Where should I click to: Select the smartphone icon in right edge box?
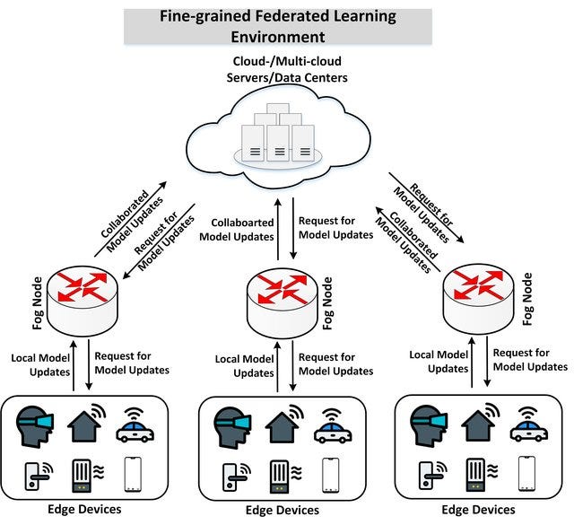pos(526,472)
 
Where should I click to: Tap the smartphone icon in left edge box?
pos(135,472)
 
